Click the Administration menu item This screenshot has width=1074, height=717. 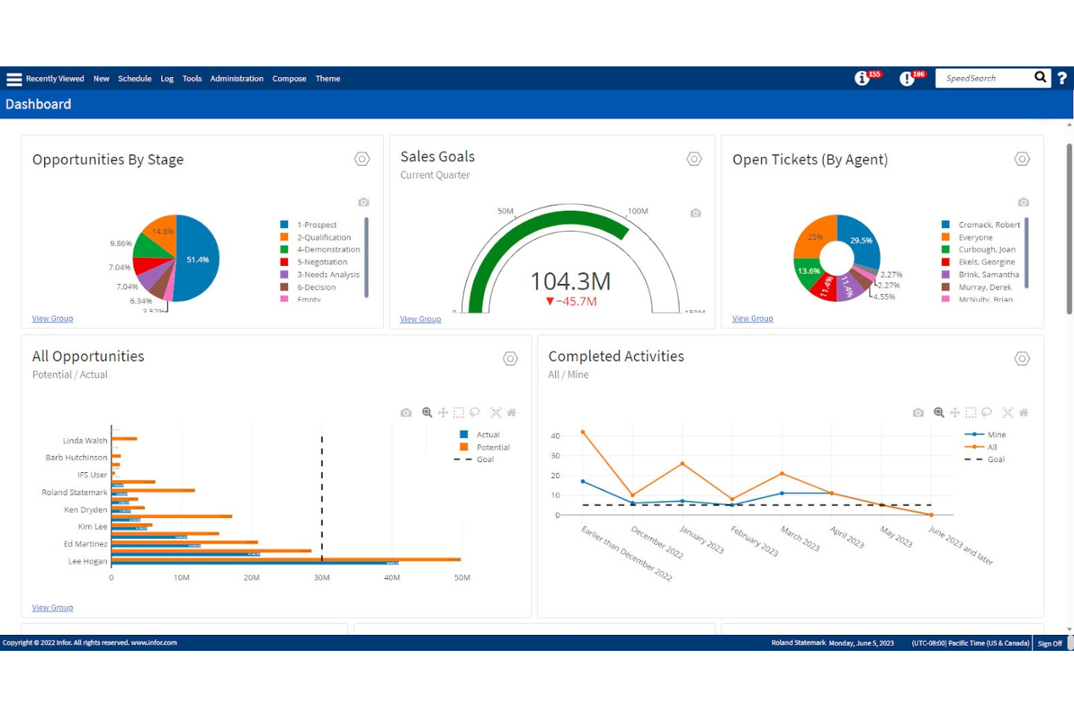coord(237,78)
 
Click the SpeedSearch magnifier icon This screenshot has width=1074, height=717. coord(1040,77)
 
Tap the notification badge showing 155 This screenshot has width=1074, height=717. coord(874,74)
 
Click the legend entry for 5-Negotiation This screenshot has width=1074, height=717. coord(321,262)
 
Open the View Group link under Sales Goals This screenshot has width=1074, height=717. coord(420,319)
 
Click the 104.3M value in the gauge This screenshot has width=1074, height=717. coord(570,281)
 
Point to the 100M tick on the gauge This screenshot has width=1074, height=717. coord(637,211)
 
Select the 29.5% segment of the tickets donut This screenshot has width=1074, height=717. coord(860,240)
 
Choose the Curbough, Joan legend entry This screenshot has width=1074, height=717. coord(986,250)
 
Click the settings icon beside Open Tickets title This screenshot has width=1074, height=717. coord(1022,159)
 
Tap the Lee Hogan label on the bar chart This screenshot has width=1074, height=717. coord(87,562)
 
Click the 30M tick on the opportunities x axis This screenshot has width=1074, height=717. coord(321,578)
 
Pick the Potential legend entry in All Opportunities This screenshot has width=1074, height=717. coord(493,447)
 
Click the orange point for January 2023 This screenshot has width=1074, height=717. coord(682,463)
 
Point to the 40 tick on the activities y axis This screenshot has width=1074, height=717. coord(555,437)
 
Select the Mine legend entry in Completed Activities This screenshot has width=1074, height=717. coord(996,435)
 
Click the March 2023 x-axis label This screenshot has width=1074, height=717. coord(800,539)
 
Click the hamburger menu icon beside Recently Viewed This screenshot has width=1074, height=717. coord(14,79)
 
